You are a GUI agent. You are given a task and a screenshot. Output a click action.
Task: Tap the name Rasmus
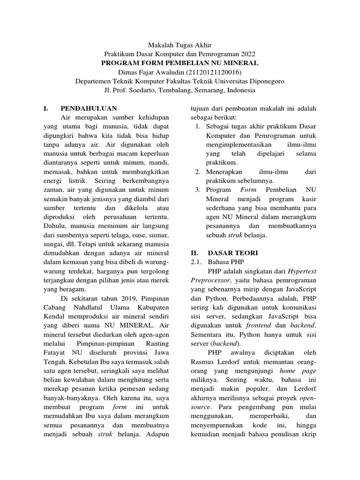pos(204,361)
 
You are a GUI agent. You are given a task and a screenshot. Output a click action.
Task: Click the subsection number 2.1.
pos(197,262)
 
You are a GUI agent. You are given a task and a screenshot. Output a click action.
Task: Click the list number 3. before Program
pos(198,190)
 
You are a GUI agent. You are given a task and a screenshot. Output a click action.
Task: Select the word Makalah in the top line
pos(160,45)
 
